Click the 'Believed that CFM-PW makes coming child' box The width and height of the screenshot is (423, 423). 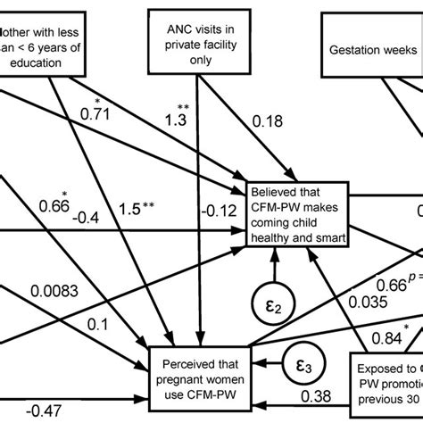tap(295, 213)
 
